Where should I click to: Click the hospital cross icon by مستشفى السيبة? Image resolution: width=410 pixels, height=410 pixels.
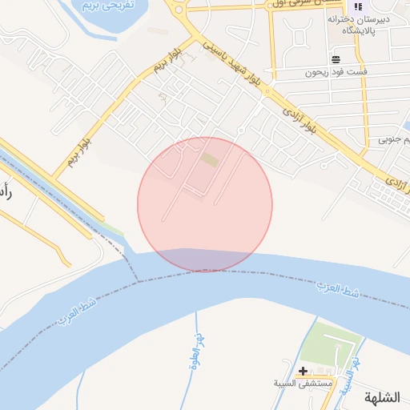[303, 371]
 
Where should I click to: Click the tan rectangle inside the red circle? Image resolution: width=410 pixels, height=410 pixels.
[210, 161]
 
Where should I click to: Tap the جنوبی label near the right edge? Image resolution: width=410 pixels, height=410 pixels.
[400, 140]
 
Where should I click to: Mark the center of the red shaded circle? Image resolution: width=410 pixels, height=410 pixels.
[205, 204]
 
